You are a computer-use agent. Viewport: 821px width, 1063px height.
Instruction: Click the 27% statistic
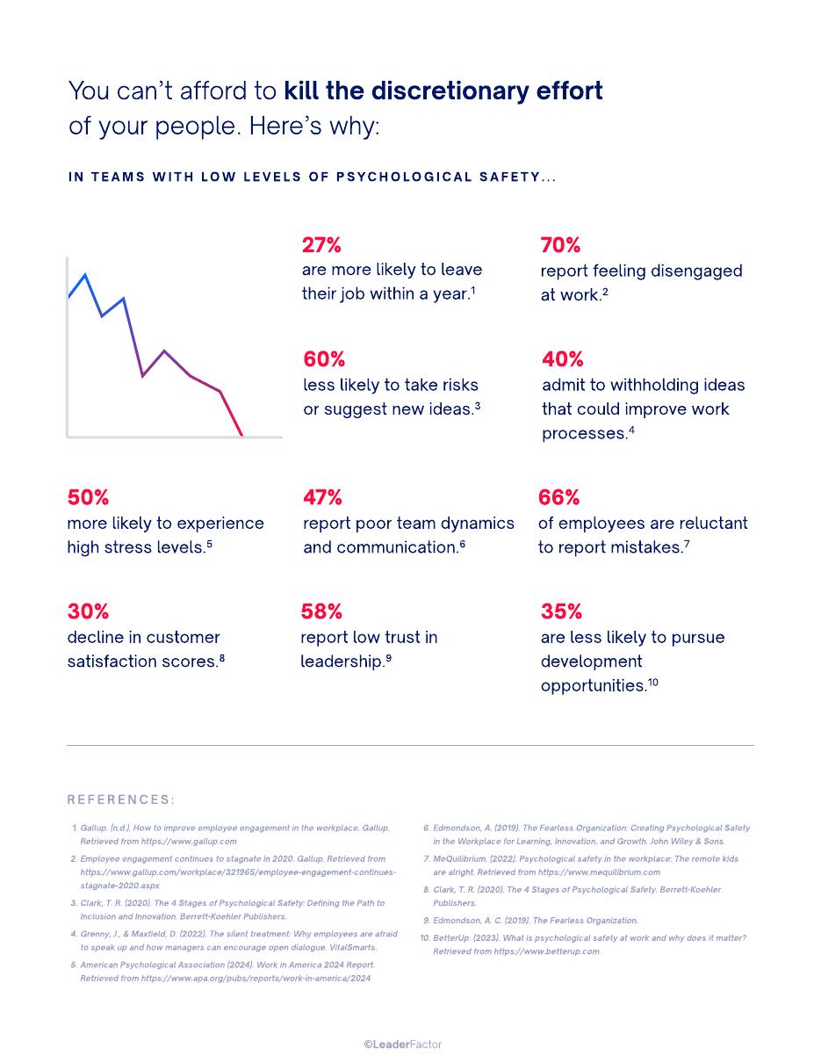point(321,244)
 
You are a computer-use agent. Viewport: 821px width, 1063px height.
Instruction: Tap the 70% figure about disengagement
point(560,244)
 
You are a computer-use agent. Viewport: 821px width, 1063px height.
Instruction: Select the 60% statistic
point(324,359)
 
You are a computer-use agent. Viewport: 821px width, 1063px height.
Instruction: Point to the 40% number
point(562,359)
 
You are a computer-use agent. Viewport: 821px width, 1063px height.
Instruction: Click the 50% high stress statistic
point(88,497)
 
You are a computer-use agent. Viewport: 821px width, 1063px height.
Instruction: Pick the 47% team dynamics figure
point(322,497)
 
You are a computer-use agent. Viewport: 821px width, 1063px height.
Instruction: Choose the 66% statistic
point(559,497)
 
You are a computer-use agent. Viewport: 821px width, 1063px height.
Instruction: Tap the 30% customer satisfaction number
point(88,611)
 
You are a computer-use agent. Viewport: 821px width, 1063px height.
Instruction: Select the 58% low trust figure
point(321,611)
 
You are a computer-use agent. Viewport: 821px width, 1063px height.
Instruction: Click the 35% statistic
point(561,611)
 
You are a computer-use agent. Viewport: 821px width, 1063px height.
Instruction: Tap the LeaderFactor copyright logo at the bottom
point(402,1045)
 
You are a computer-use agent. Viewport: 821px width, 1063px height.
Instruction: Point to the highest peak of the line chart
point(85,275)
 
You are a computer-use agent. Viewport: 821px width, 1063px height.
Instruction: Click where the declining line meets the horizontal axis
point(242,436)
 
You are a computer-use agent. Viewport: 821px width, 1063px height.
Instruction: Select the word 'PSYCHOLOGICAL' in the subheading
point(404,177)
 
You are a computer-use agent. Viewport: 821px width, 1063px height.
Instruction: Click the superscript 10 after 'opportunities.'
point(652,682)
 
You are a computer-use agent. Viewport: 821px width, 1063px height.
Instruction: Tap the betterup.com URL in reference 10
point(546,951)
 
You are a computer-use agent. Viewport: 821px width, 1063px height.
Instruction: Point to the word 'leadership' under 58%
point(341,662)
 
